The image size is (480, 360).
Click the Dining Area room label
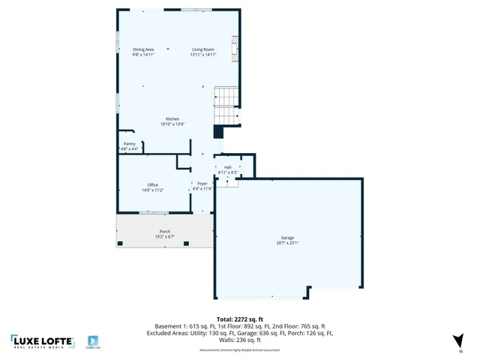point(143,49)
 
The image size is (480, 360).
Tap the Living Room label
point(202,49)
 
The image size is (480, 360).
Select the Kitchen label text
point(172,119)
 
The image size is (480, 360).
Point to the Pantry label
point(130,144)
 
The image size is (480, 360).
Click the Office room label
point(152,184)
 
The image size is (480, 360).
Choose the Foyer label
point(202,183)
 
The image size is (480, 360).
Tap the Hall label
point(227,167)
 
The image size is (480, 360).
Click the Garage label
point(288,238)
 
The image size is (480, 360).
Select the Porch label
point(164,231)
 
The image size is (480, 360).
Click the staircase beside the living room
point(226,106)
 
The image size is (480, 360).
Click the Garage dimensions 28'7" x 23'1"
point(288,243)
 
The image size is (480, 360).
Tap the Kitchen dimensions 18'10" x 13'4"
point(172,124)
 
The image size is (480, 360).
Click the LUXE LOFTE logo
point(42,341)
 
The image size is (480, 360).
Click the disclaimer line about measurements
point(239,350)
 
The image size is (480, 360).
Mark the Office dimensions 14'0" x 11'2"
point(152,190)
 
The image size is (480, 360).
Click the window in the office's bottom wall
point(152,212)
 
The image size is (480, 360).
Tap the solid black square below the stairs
point(218,132)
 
